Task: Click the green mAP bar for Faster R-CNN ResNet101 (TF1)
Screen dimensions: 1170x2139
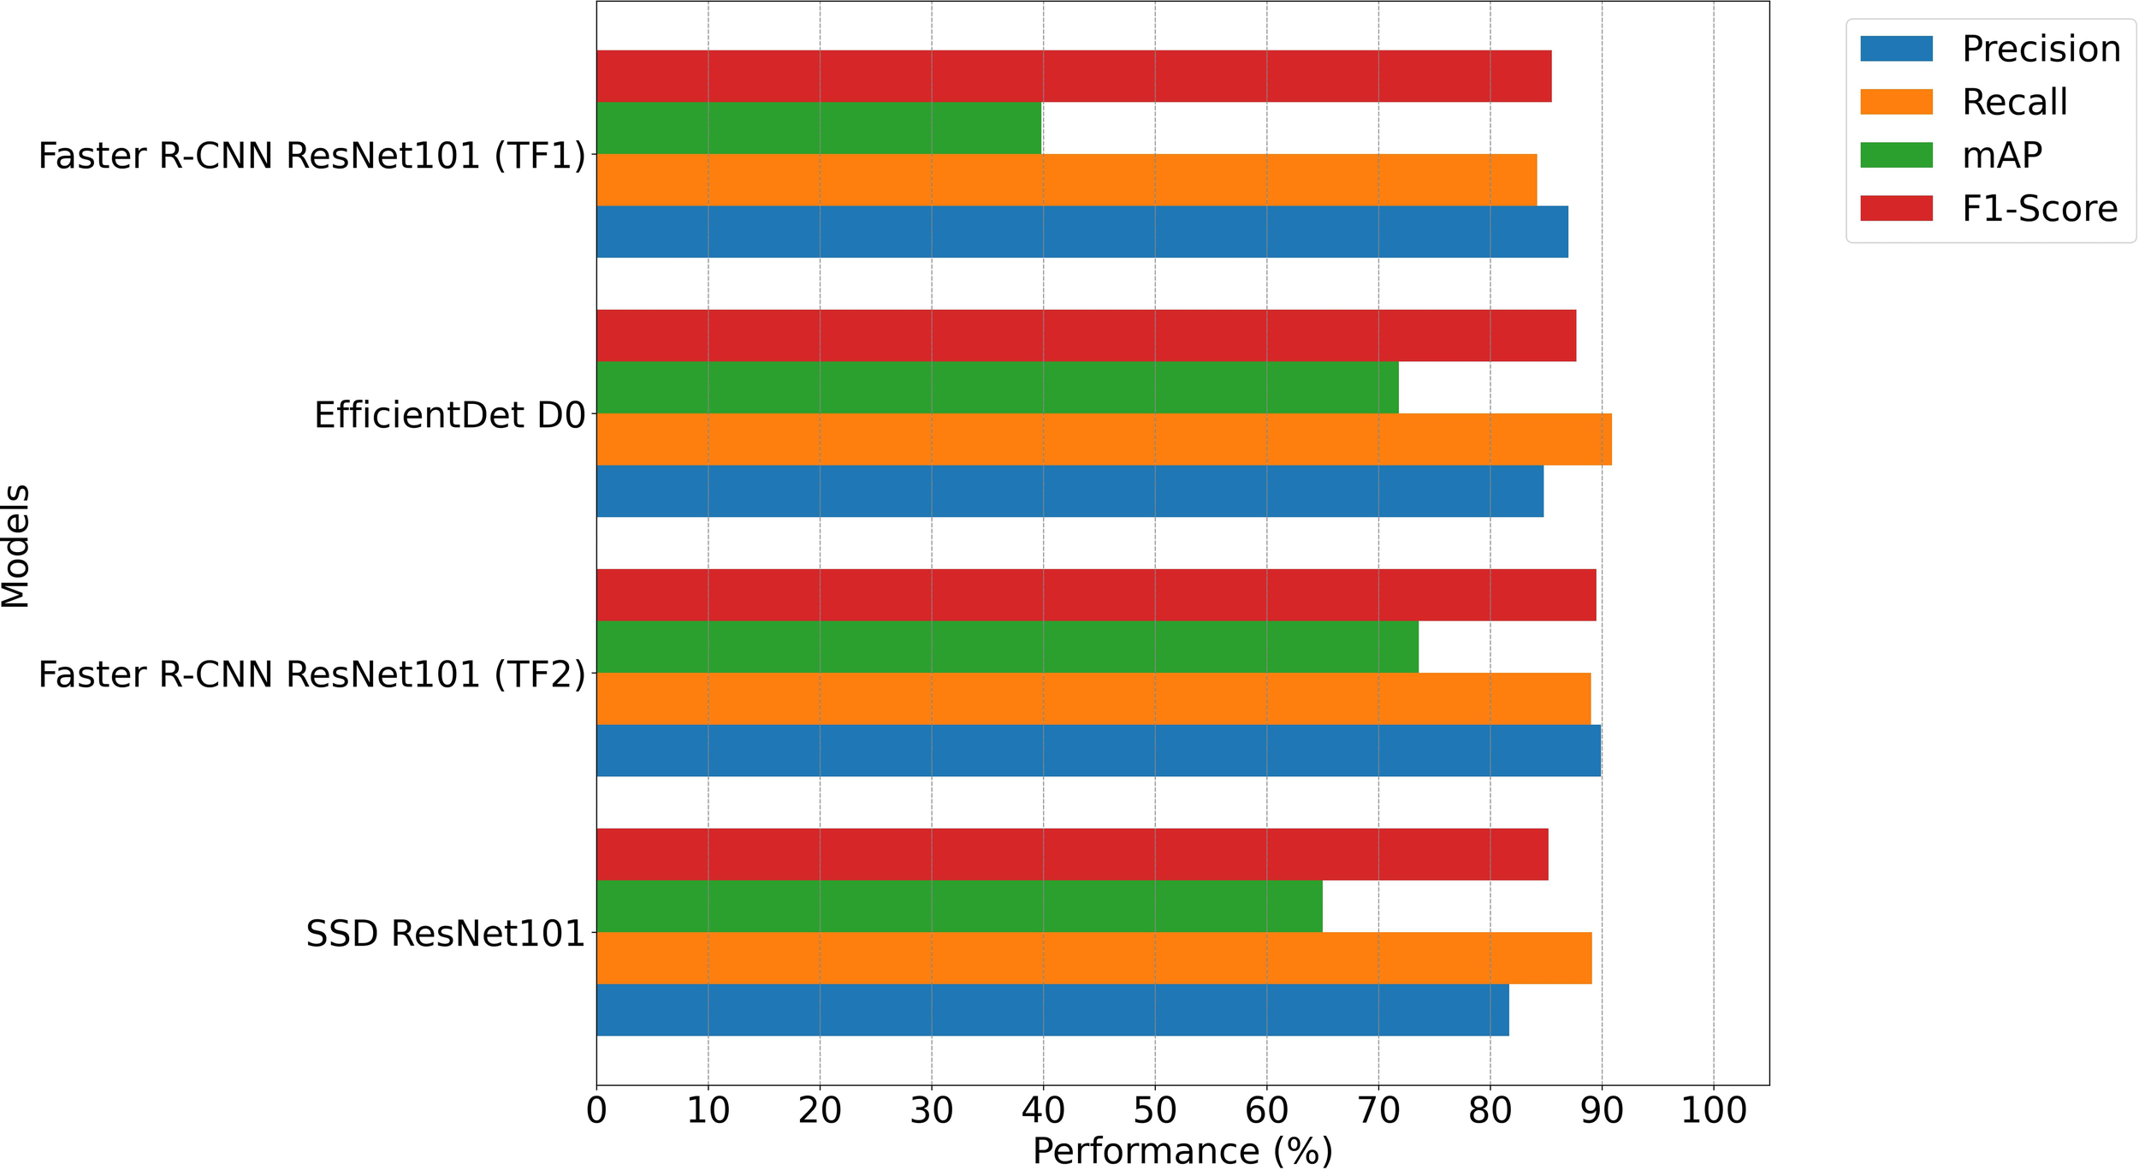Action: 819,128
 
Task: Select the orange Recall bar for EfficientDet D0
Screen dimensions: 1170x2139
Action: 1104,439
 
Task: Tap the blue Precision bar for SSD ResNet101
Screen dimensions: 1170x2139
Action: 1052,1010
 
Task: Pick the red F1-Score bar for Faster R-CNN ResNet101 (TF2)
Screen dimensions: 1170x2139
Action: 1096,595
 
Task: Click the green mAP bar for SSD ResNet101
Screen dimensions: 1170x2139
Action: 959,906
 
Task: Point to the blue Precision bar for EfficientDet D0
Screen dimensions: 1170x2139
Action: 1069,491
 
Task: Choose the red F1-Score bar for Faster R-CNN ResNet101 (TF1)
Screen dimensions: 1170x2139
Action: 1074,76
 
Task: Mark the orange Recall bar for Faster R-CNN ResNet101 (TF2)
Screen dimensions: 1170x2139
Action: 1093,698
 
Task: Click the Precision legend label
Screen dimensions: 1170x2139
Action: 2041,49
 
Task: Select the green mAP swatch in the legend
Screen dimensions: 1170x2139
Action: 1896,155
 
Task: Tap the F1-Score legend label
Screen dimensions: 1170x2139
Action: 2039,209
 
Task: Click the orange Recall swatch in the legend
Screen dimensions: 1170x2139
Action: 1896,102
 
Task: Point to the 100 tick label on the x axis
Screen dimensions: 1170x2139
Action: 1713,1111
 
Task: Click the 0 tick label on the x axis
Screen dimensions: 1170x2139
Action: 596,1111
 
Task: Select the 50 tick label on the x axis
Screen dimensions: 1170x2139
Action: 1155,1111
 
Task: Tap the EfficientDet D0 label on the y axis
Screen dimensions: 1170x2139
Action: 449,415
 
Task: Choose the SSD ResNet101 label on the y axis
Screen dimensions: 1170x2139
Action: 445,933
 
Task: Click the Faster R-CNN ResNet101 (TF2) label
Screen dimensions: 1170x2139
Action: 311,674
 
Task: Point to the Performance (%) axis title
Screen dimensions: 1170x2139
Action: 1182,1151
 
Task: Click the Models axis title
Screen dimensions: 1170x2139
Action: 15,546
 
